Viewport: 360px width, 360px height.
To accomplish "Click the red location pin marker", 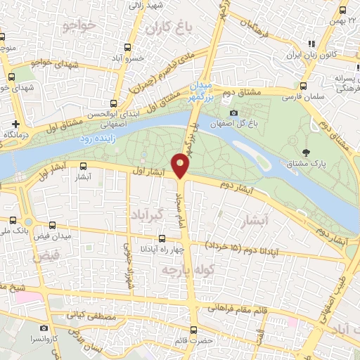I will coord(181,166).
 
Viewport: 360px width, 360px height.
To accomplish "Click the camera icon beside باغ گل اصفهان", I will coord(233,112).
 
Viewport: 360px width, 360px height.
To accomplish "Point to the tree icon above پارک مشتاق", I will coord(305,152).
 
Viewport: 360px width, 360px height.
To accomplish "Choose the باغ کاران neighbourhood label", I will coord(169,29).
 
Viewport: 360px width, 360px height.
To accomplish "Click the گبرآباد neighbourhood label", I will coord(150,212).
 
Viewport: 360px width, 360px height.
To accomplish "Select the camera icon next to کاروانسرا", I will coord(44,328).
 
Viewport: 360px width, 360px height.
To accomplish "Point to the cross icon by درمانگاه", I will coord(5,123).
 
